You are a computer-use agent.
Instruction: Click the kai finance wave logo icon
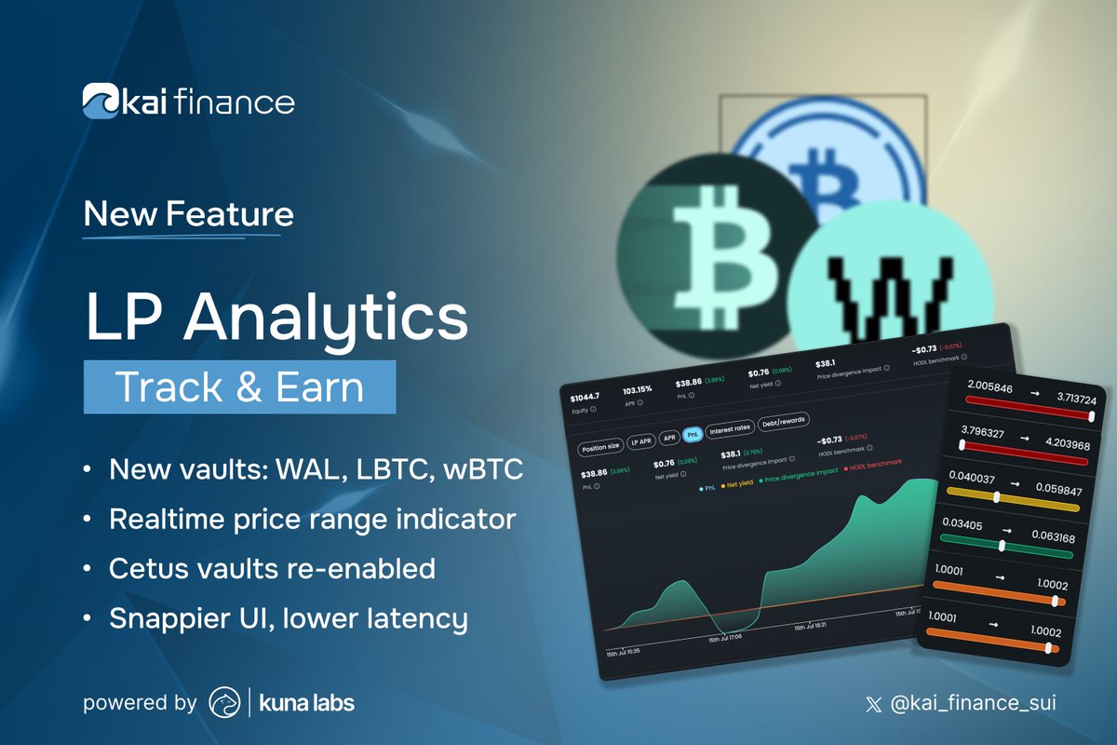click(99, 101)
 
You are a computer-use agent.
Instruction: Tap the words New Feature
click(188, 214)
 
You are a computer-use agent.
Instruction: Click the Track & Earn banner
click(239, 387)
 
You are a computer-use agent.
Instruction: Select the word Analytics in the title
click(326, 318)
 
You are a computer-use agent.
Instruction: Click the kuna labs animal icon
click(224, 702)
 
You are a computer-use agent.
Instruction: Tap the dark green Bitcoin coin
click(710, 250)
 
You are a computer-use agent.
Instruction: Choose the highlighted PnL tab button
click(692, 434)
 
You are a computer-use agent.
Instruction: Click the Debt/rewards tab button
click(784, 422)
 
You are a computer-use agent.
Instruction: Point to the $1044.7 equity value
click(585, 398)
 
